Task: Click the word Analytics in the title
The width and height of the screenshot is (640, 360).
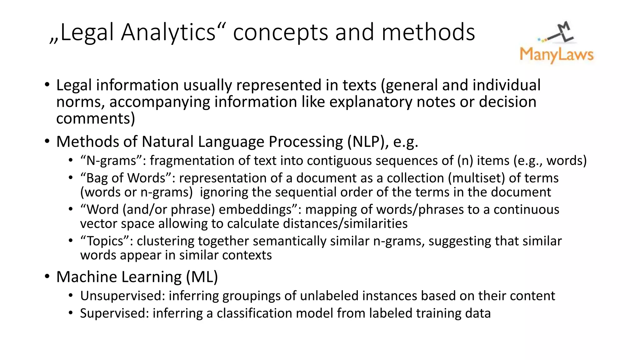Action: point(169,32)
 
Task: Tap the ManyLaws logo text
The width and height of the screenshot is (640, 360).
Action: point(556,55)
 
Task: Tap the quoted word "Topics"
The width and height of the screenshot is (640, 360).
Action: point(107,241)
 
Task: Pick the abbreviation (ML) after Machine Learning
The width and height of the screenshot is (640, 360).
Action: point(202,277)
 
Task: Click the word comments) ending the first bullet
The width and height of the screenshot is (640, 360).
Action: point(96,118)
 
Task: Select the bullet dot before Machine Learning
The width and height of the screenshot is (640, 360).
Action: point(47,277)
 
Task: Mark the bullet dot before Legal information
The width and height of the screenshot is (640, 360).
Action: point(47,85)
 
